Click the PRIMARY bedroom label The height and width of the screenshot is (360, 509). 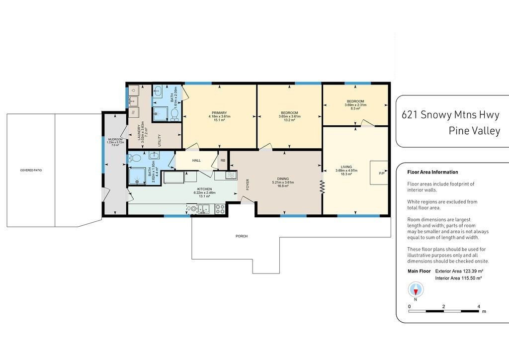(219, 113)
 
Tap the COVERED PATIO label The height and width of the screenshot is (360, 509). (31, 170)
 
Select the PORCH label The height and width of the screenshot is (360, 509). (242, 236)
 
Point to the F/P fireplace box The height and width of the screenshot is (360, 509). (379, 173)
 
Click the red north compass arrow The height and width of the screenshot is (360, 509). (416, 292)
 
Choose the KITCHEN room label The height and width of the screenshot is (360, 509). (204, 189)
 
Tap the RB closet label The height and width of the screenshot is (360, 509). (223, 161)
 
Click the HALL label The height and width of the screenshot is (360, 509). (196, 161)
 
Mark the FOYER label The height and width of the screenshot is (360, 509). (248, 184)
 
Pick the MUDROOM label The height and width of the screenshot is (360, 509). (115, 139)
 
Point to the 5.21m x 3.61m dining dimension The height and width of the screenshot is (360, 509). (283, 182)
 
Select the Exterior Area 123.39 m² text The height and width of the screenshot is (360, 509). (459, 271)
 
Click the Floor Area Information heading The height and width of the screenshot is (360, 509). (433, 172)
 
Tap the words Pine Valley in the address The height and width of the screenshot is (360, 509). (474, 130)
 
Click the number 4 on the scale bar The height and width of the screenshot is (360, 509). (479, 306)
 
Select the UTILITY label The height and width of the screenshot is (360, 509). (160, 140)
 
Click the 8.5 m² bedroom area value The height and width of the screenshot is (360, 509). (355, 108)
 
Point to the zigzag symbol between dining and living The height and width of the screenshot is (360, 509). (322, 187)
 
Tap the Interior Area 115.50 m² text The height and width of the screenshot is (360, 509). (458, 278)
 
